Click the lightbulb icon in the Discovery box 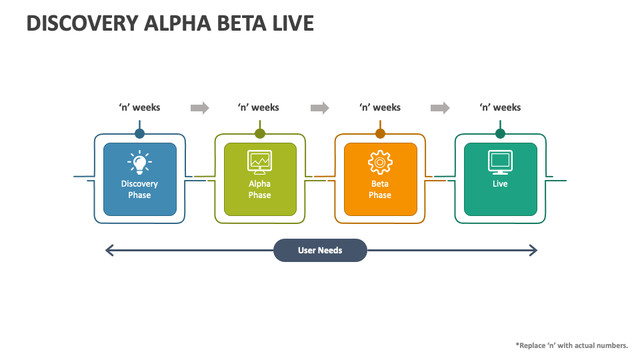[x=139, y=161]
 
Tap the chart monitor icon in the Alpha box [x=259, y=161]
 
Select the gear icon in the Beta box [x=380, y=161]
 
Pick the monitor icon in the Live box [x=500, y=161]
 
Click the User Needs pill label [x=320, y=251]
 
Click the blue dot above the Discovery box [x=139, y=133]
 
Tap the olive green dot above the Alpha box [x=260, y=133]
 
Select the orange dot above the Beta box [x=380, y=133]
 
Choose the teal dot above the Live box [x=500, y=133]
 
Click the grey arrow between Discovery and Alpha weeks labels [x=199, y=108]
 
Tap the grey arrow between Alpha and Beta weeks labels [x=320, y=108]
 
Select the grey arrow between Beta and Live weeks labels [x=440, y=108]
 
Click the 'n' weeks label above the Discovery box [x=139, y=107]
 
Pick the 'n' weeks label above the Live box [x=500, y=107]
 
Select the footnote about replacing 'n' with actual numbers [x=571, y=345]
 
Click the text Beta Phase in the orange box [x=380, y=189]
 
